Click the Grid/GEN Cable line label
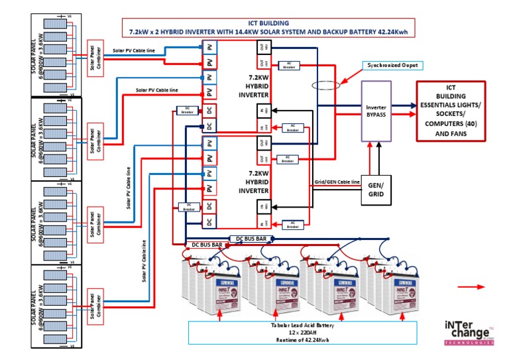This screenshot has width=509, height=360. (x=337, y=181)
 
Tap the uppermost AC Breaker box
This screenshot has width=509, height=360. (x=288, y=64)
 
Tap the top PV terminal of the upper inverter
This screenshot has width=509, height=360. (x=209, y=48)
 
